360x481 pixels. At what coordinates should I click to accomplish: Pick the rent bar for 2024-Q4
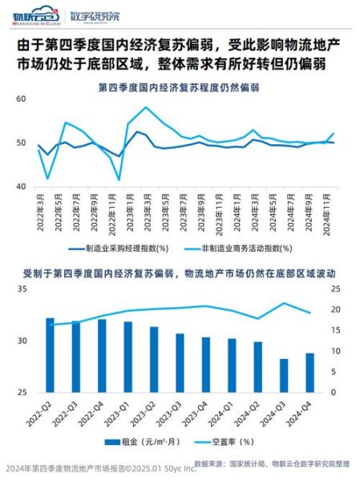(309, 373)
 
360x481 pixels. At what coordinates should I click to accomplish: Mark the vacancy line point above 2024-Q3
(283, 303)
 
